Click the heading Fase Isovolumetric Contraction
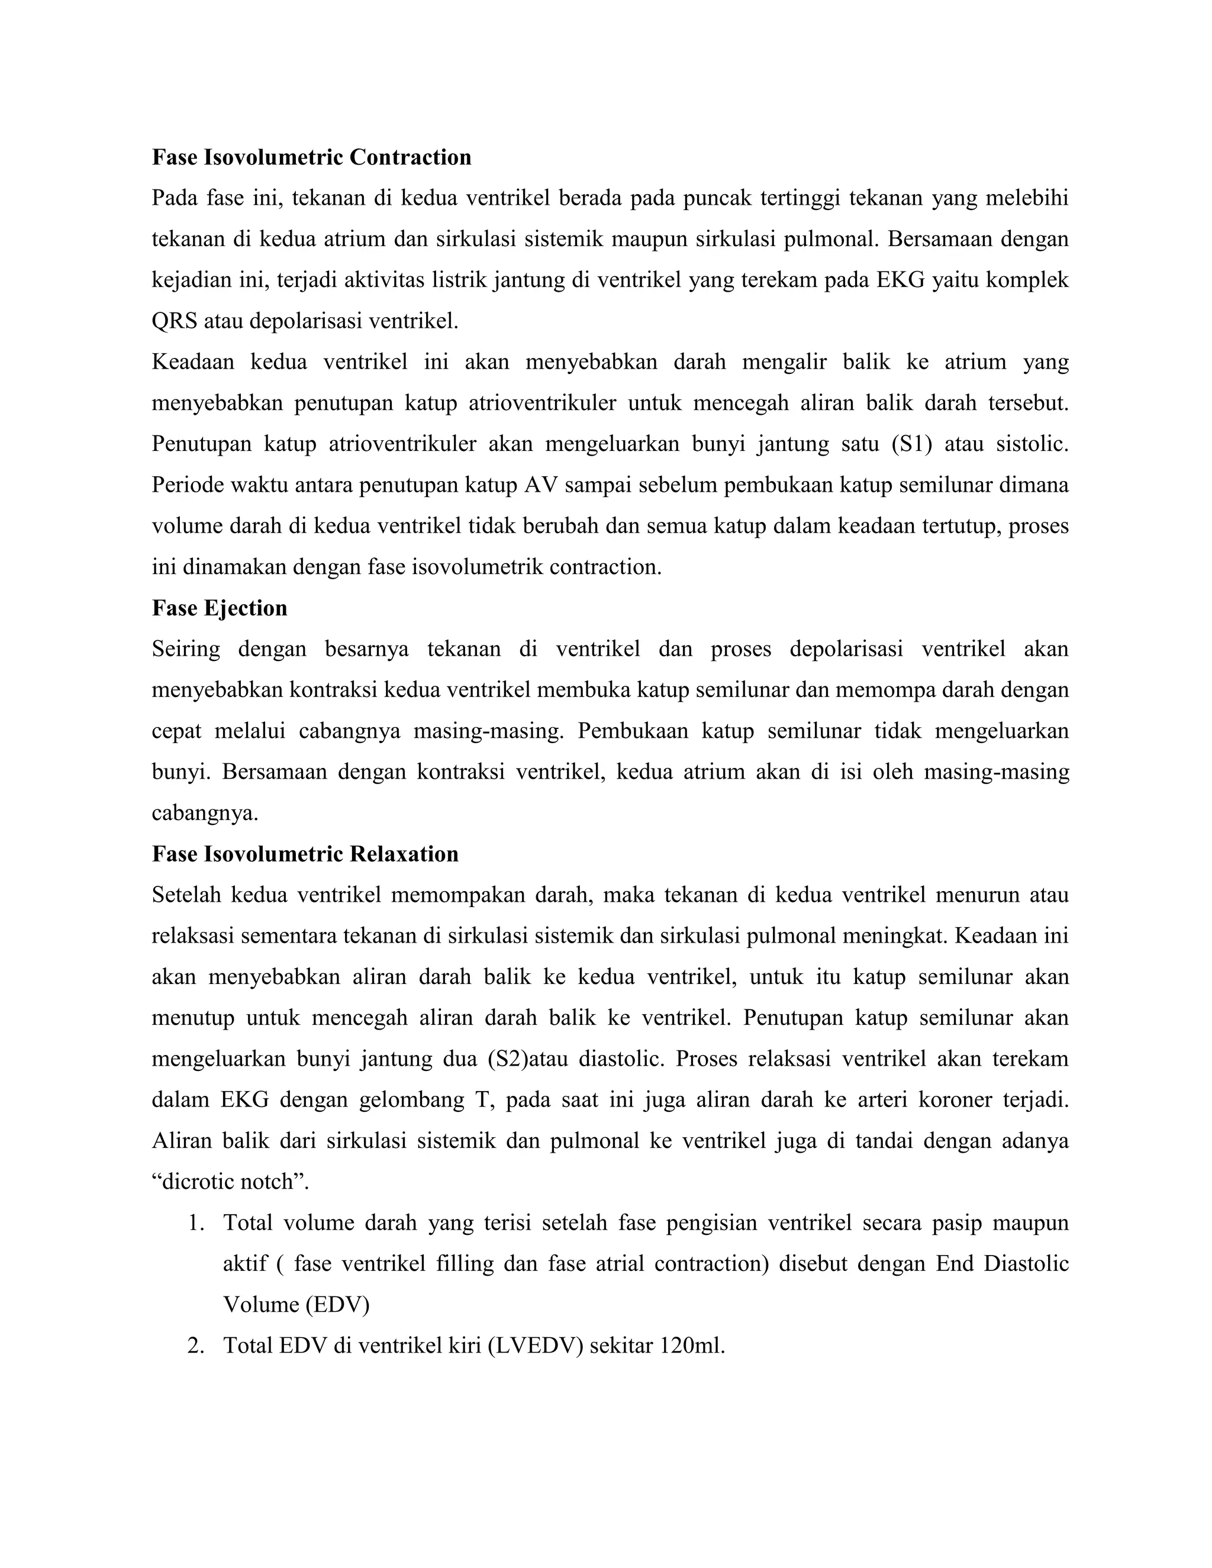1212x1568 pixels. (x=312, y=157)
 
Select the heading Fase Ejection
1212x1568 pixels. (x=220, y=608)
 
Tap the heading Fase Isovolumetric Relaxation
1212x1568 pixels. (x=305, y=854)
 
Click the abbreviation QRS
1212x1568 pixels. (x=175, y=321)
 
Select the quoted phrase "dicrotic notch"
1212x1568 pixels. (x=230, y=1182)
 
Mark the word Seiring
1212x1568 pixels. (x=186, y=649)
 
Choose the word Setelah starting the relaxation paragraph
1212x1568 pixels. (x=185, y=895)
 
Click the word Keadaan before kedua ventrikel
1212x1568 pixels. (x=192, y=362)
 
